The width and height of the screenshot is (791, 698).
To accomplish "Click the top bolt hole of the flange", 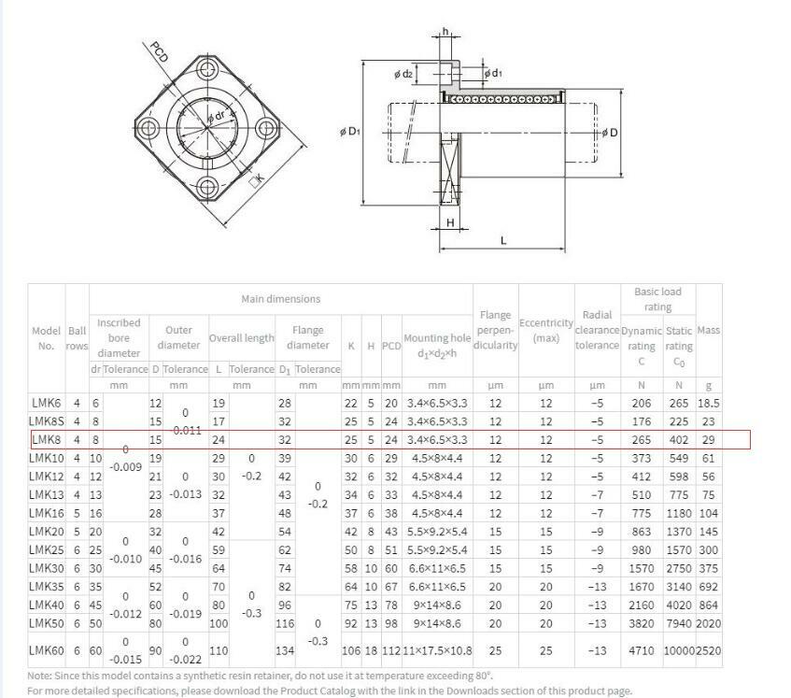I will pos(203,68).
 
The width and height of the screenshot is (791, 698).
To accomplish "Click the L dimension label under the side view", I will pos(503,240).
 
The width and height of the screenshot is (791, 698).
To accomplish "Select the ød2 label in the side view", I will pos(403,74).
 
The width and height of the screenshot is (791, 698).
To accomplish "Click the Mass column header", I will pos(709,331).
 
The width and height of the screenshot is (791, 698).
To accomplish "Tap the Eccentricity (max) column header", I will pos(545,330).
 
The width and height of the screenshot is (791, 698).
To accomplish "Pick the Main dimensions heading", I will pos(280,299).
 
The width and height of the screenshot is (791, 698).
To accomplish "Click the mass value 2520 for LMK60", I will pos(709,649).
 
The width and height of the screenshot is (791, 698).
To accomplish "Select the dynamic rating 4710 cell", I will pos(642,649).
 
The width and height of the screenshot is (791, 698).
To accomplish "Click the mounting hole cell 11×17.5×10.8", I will pos(437,649).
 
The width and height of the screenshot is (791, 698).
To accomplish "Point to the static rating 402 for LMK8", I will pos(679,439).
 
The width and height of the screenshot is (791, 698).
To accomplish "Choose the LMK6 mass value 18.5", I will pos(709,403).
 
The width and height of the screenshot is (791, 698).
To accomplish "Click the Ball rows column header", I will pos(77,337).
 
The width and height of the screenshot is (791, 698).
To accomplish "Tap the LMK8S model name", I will pos(48,421).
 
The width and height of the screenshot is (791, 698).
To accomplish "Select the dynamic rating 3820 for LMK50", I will pos(642,623).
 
